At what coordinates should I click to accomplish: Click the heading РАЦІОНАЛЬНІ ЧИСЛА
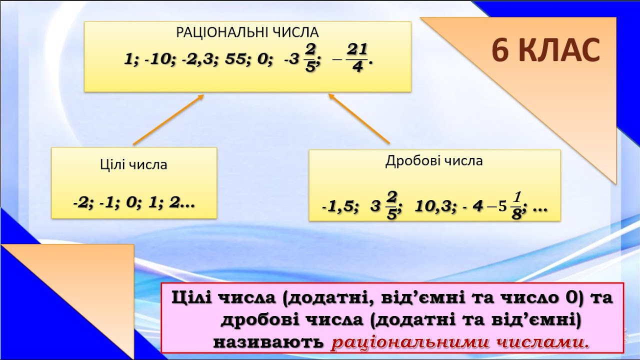tap(247, 32)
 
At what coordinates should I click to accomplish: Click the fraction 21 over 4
tap(357, 58)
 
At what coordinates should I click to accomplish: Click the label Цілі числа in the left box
tap(133, 164)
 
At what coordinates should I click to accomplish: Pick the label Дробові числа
tap(434, 160)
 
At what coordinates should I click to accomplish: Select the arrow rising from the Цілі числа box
tap(168, 119)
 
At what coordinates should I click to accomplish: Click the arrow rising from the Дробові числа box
tap(359, 118)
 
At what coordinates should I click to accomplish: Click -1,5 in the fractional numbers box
tap(339, 206)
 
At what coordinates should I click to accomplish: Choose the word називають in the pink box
tap(268, 342)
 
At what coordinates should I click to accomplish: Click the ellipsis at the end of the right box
tap(540, 210)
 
